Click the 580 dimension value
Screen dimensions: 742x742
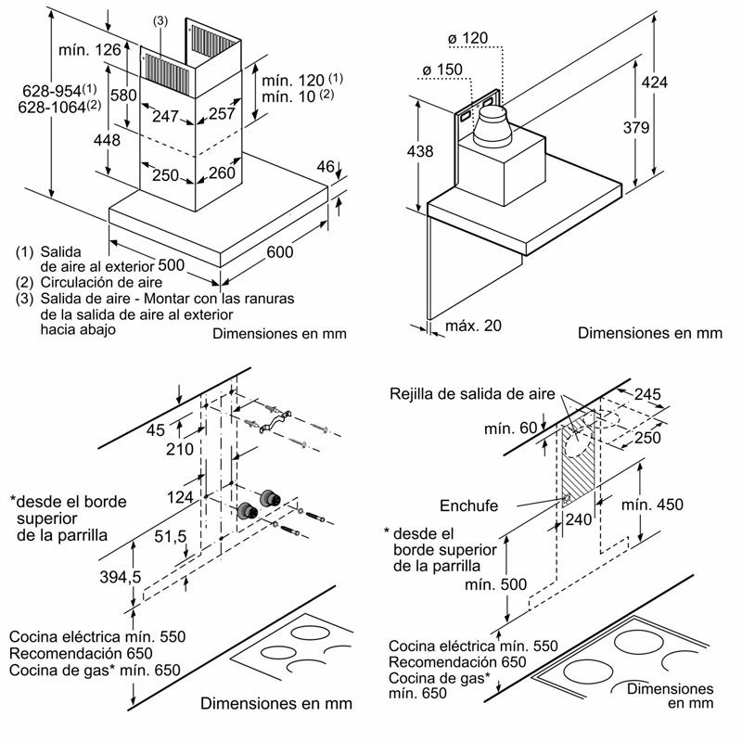tap(123, 95)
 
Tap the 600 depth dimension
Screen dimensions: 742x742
tap(279, 251)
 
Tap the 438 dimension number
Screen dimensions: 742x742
tap(421, 150)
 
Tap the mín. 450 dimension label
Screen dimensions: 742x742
tap(652, 505)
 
